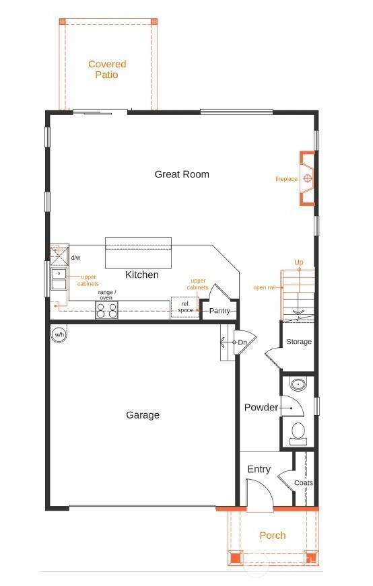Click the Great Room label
point(182,174)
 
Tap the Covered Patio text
point(107,69)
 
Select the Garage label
point(143,415)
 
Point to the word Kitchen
point(142,274)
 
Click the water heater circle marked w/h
point(59,334)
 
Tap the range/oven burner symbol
point(106,309)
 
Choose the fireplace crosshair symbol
point(308,178)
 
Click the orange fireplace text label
point(286,179)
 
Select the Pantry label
point(219,311)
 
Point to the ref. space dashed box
point(185,307)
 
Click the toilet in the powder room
point(298,433)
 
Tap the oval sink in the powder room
point(298,384)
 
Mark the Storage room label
point(299,342)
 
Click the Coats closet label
point(304,483)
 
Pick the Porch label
point(273,536)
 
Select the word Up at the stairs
point(298,262)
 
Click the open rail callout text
point(265,287)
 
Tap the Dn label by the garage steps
point(242,342)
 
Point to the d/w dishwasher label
point(76,258)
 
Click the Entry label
point(259,470)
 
